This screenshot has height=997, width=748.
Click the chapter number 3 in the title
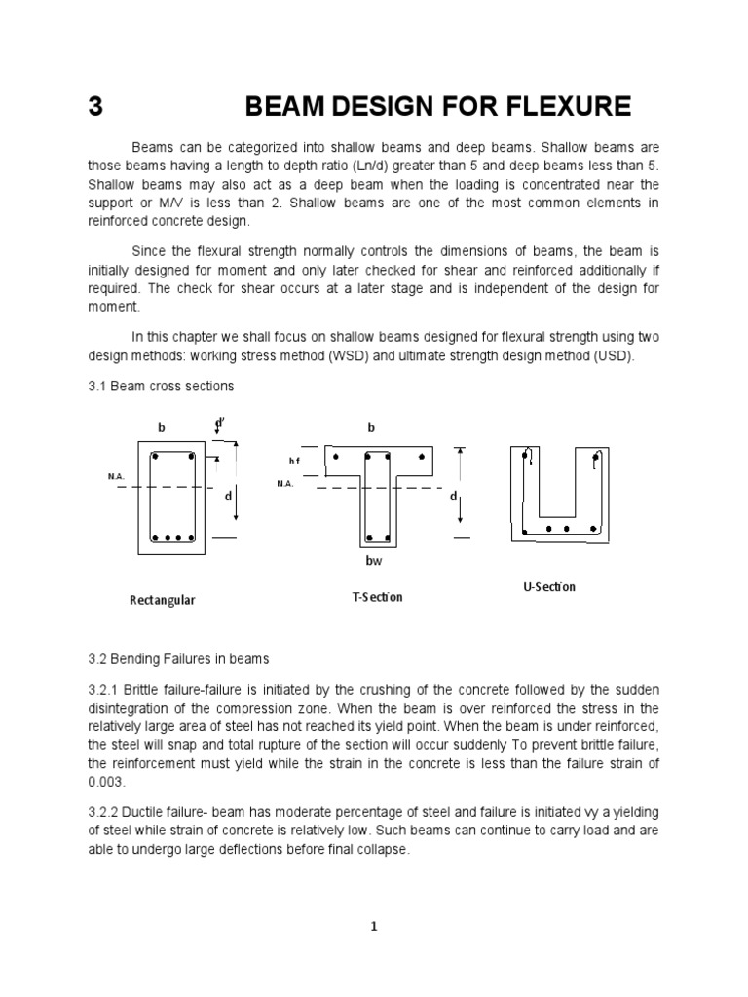click(x=94, y=106)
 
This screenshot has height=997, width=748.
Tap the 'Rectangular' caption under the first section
click(x=163, y=600)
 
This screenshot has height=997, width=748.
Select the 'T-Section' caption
click(x=377, y=596)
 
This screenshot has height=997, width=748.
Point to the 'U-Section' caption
click(x=549, y=586)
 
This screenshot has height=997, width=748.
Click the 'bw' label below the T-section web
click(x=375, y=562)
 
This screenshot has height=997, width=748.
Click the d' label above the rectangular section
click(x=220, y=423)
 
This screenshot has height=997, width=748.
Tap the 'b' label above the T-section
click(x=371, y=427)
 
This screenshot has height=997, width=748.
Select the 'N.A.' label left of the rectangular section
click(x=116, y=476)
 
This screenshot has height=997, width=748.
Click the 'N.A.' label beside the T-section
click(x=284, y=483)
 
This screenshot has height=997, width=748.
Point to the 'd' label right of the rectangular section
click(x=227, y=497)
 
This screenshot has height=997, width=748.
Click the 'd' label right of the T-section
click(x=452, y=497)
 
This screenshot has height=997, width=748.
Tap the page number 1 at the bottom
click(x=373, y=927)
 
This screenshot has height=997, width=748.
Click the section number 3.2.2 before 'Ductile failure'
click(x=105, y=812)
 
